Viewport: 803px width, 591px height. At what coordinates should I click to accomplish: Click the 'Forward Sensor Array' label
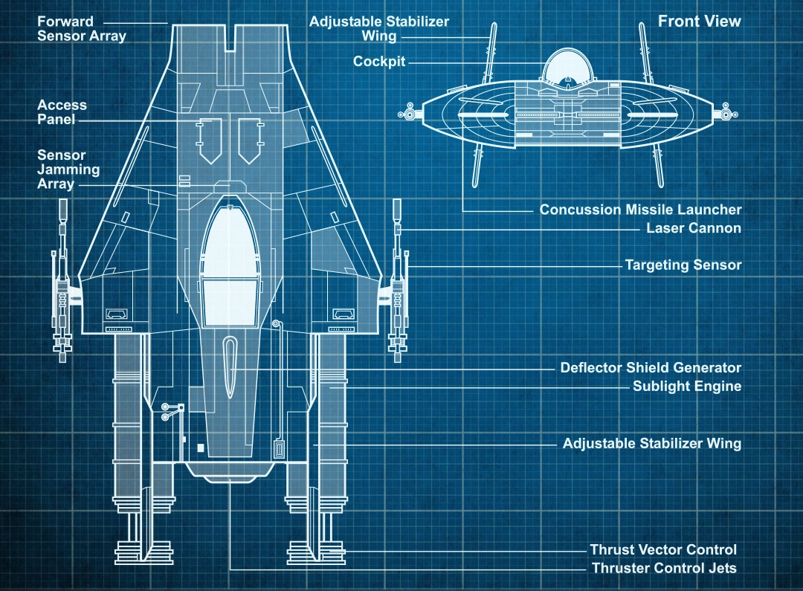(82, 29)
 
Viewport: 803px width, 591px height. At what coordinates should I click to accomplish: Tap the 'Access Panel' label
(62, 112)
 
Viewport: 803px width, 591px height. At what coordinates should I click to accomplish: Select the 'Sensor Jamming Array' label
(68, 169)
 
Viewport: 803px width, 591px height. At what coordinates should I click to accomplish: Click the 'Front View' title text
(699, 21)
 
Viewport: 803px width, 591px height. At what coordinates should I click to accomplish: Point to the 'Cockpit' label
(379, 62)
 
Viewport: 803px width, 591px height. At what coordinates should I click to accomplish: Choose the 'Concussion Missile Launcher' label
(640, 210)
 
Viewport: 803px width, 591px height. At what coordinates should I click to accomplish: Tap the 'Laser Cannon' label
(693, 228)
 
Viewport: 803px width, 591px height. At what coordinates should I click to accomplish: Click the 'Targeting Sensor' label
(683, 265)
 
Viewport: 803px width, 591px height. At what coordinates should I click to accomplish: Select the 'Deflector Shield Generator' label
(651, 367)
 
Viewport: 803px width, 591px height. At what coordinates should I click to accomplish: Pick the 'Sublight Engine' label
(686, 387)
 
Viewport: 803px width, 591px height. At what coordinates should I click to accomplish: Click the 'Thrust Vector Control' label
(663, 550)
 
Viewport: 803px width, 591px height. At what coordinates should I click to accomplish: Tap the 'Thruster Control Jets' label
(664, 569)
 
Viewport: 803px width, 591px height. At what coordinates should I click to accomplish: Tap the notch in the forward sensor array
(230, 37)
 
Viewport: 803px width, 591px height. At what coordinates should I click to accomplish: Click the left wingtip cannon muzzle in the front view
(407, 114)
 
